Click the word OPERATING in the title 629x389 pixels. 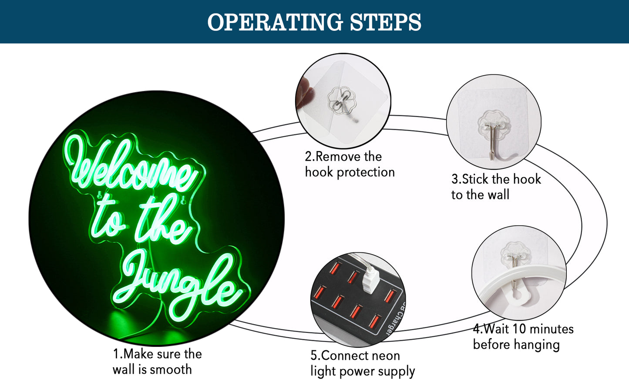coord(275,22)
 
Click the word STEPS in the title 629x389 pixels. coord(386,22)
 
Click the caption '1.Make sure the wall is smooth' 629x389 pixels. coord(157,362)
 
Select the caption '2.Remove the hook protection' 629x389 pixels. coord(350,164)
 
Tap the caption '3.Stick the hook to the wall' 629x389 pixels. coord(496,187)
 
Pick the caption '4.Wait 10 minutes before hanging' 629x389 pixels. coord(523,336)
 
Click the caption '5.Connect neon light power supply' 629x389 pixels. coord(363,364)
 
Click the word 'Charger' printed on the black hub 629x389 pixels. coord(395,318)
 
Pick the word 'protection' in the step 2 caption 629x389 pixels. coord(366,173)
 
